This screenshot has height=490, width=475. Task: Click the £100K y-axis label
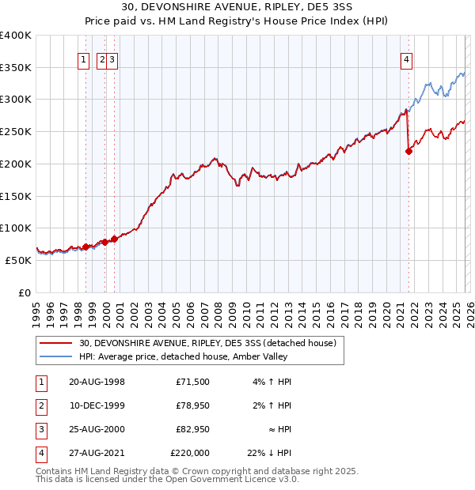[x=17, y=228]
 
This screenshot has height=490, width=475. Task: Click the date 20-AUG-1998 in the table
[x=97, y=382]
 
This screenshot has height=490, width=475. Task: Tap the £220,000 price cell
[x=190, y=453]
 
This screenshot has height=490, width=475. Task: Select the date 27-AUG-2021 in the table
[x=97, y=453]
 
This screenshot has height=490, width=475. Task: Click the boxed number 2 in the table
[x=40, y=405]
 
